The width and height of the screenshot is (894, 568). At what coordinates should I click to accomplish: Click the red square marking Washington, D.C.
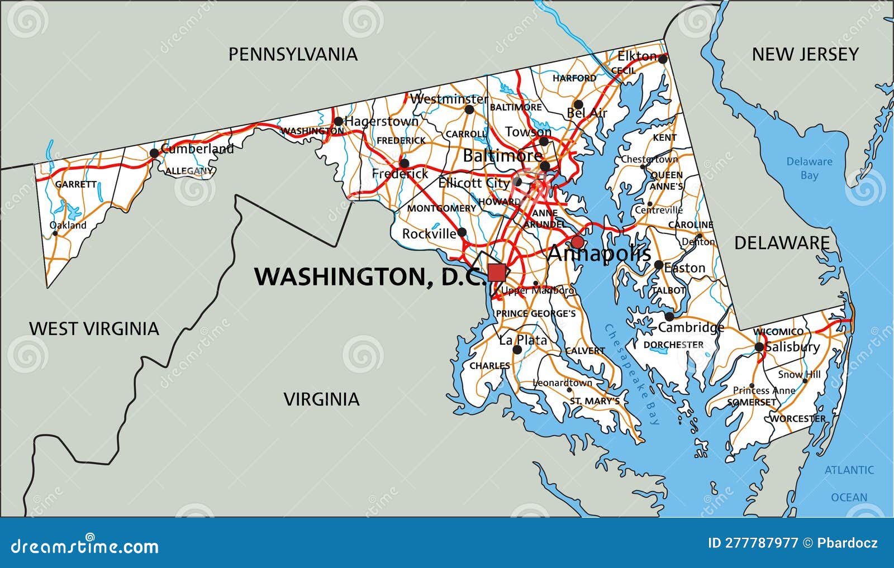pyautogui.click(x=496, y=273)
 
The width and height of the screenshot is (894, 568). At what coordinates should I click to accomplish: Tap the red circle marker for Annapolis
pyautogui.click(x=577, y=242)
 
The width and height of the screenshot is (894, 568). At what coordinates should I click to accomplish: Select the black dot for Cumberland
pyautogui.click(x=154, y=152)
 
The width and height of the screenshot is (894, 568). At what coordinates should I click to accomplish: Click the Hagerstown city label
pyautogui.click(x=382, y=121)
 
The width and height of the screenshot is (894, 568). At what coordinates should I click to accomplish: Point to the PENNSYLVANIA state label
pyautogui.click(x=293, y=54)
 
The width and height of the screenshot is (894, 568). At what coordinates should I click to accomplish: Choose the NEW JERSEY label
pyautogui.click(x=805, y=54)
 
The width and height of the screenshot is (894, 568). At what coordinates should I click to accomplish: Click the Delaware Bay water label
pyautogui.click(x=809, y=168)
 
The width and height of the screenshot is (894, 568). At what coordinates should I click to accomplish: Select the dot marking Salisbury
pyautogui.click(x=759, y=347)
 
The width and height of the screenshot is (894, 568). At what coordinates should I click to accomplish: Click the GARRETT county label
pyautogui.click(x=76, y=184)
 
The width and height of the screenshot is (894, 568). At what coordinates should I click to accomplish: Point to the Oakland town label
pyautogui.click(x=69, y=225)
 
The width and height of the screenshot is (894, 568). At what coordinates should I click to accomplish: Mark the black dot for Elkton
pyautogui.click(x=663, y=58)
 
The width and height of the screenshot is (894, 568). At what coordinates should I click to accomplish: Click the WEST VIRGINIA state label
pyautogui.click(x=94, y=328)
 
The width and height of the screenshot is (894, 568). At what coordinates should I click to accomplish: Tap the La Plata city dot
pyautogui.click(x=517, y=350)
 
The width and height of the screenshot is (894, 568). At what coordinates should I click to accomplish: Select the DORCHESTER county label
pyautogui.click(x=673, y=345)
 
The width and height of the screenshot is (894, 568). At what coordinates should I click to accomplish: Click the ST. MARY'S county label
pyautogui.click(x=595, y=401)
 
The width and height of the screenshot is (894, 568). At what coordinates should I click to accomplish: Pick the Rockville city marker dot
pyautogui.click(x=462, y=232)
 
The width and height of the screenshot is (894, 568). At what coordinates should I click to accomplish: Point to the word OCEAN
pyautogui.click(x=849, y=497)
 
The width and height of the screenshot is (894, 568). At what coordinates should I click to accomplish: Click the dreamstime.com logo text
pyautogui.click(x=84, y=546)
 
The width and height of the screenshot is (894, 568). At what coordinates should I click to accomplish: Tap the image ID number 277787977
pyautogui.click(x=753, y=543)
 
